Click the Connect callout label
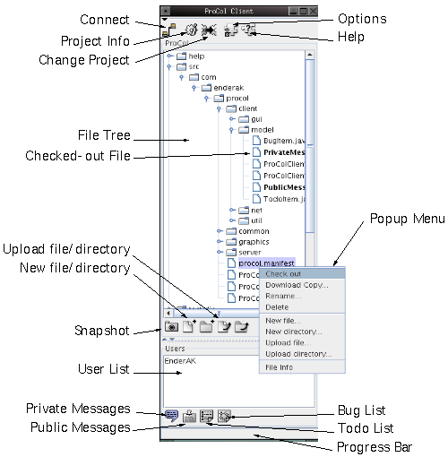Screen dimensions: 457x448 coord(104,19)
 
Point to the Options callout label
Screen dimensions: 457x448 coord(363,19)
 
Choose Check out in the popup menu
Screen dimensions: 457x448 coord(283,273)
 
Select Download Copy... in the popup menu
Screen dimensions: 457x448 coord(297,285)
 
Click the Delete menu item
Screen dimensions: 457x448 coord(277,307)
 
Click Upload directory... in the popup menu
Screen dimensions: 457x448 coord(299,354)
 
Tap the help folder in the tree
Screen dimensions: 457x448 coord(195,56)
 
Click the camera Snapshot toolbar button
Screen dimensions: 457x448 coord(170,327)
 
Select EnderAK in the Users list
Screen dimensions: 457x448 coord(179,360)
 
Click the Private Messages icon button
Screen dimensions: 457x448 coord(171,415)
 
